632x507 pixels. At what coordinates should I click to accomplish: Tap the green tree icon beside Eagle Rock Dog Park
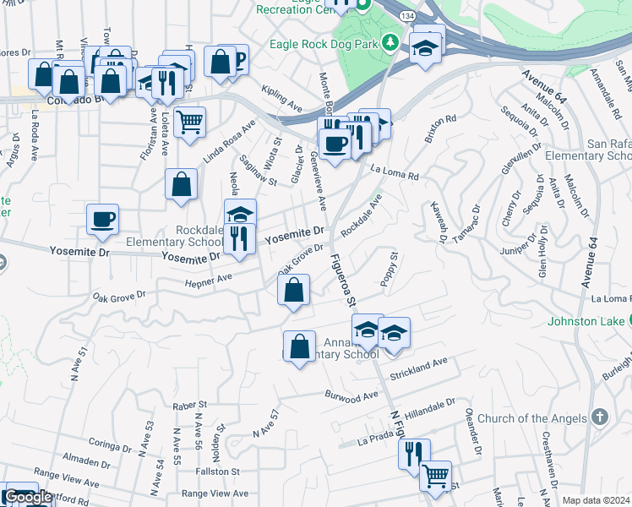(390, 42)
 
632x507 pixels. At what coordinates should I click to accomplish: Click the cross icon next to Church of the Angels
(599, 417)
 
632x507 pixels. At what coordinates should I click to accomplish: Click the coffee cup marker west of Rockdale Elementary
(103, 220)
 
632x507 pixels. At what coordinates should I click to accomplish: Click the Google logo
(28, 498)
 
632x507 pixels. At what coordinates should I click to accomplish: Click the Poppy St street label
(390, 269)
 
